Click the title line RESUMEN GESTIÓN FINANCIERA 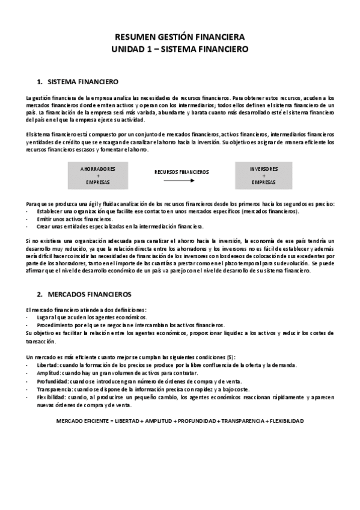[x=180, y=37]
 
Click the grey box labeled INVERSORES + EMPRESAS [x=263, y=175]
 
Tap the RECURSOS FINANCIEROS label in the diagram [x=182, y=171]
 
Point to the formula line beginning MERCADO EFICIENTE [x=180, y=420]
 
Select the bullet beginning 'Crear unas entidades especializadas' [x=120, y=227]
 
